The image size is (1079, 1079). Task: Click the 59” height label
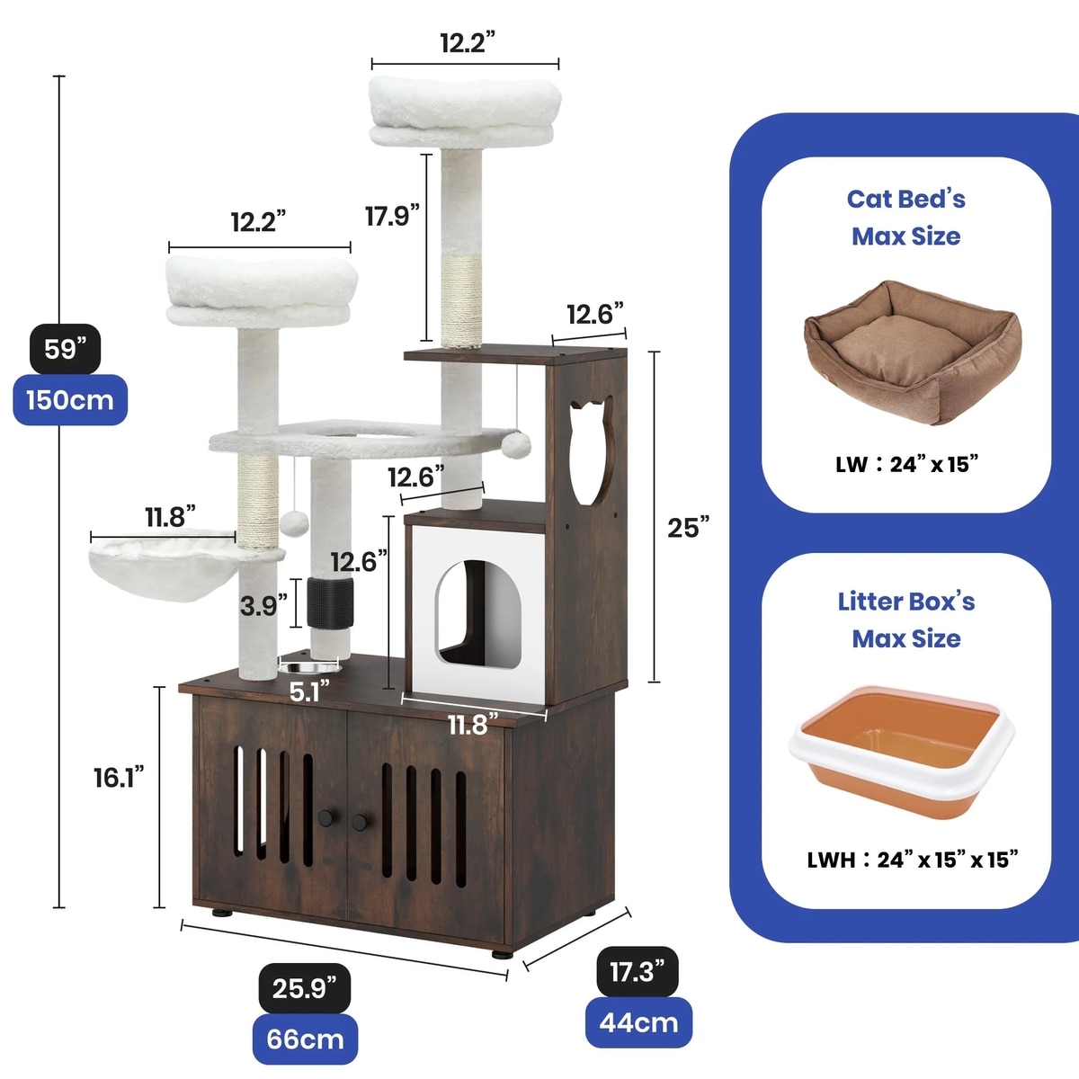point(66,348)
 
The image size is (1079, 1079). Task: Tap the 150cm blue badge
point(70,399)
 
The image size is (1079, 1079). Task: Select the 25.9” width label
point(304,988)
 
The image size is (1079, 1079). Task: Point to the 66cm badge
point(305,1039)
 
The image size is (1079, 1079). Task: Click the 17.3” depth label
point(638,971)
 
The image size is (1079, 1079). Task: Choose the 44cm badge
point(638,1022)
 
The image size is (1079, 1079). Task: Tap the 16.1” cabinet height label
point(119,777)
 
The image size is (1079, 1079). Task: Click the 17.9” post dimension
point(392,216)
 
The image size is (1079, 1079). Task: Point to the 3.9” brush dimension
point(263,606)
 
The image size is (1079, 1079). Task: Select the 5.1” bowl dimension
point(309,691)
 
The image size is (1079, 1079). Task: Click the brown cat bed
point(910,351)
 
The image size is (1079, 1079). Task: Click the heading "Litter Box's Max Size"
point(906,620)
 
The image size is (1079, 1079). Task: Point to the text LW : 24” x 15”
point(906,464)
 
